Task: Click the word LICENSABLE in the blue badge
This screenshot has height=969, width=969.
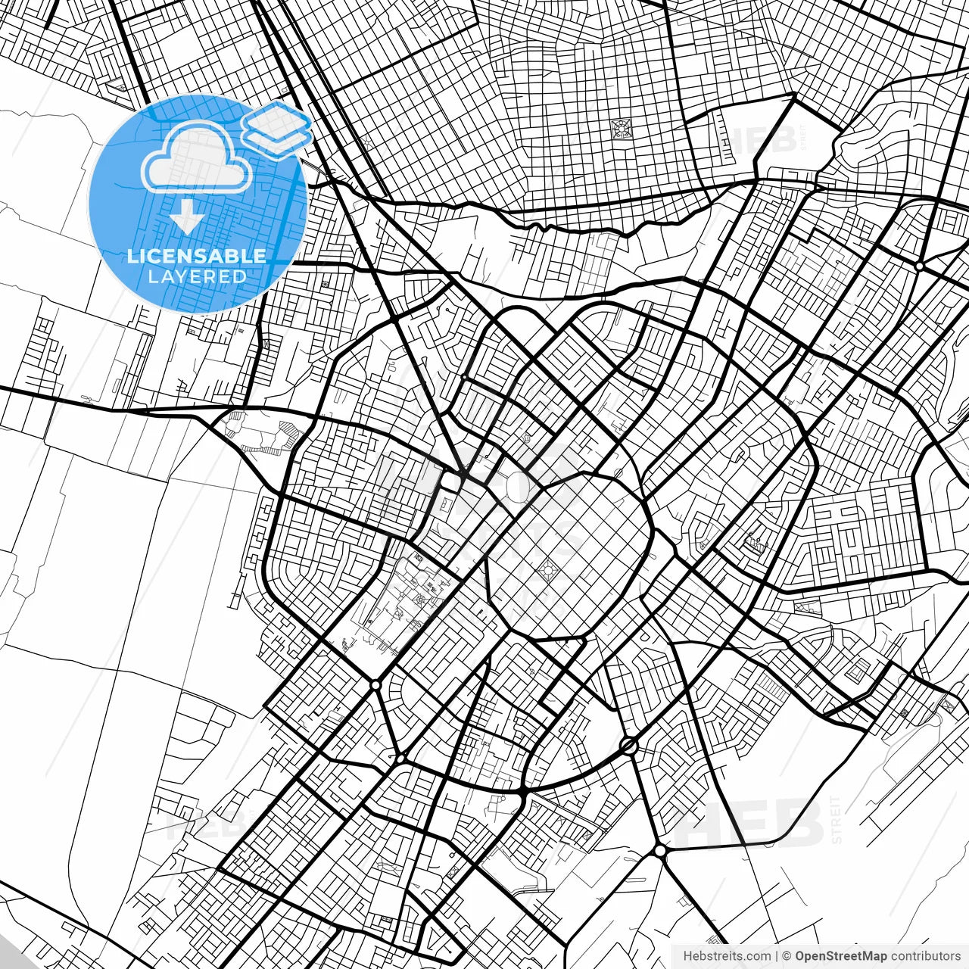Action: [x=197, y=256]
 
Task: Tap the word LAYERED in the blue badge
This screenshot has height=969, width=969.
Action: [x=197, y=276]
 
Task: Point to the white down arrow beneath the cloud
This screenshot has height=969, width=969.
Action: [x=186, y=218]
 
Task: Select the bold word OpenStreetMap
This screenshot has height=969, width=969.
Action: [x=840, y=956]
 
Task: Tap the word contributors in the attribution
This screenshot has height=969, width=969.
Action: [x=925, y=956]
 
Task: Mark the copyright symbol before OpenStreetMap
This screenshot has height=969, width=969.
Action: [x=787, y=956]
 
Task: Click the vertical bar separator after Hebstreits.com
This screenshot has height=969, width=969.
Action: [x=777, y=956]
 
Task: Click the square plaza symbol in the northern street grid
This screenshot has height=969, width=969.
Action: [x=622, y=129]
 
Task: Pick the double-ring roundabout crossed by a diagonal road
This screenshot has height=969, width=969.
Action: [x=628, y=746]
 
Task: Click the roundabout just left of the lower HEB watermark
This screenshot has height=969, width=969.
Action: [x=660, y=851]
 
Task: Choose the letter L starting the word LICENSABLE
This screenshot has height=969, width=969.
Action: [x=132, y=256]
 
